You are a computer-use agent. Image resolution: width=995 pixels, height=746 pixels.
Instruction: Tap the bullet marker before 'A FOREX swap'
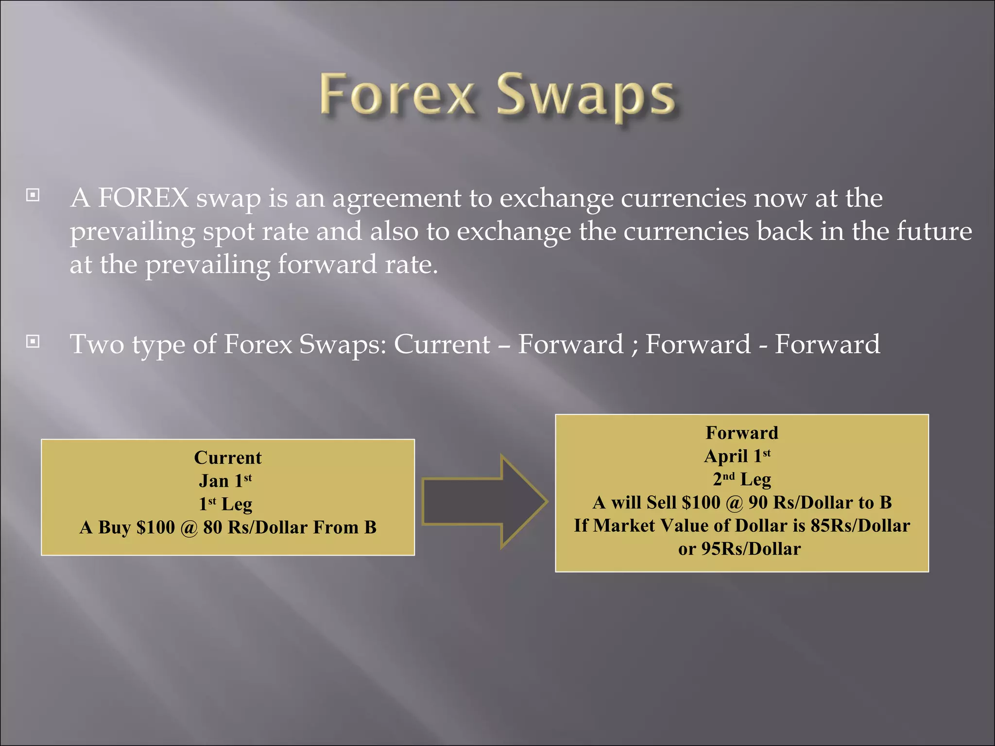[33, 196]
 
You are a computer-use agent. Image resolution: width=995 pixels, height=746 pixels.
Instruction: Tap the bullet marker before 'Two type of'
[33, 342]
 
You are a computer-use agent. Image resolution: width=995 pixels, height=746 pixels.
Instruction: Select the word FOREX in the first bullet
[143, 198]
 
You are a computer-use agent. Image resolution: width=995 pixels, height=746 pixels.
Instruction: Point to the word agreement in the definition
[396, 199]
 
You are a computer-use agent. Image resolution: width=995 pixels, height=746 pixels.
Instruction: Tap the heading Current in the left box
[227, 458]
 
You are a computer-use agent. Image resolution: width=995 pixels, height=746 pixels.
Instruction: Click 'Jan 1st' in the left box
[225, 481]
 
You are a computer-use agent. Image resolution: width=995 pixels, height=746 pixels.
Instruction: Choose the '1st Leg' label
[225, 504]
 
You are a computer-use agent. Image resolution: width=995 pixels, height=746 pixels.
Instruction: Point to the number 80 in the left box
[212, 527]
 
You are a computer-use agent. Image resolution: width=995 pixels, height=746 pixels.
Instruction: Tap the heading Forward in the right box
[741, 433]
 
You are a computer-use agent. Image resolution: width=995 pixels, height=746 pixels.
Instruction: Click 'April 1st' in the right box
[737, 456]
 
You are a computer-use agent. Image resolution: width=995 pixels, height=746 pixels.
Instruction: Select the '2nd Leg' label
[741, 479]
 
